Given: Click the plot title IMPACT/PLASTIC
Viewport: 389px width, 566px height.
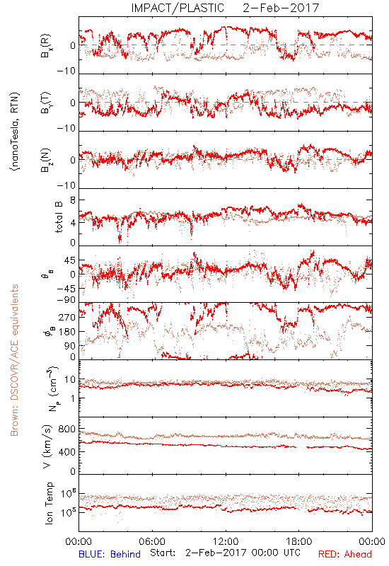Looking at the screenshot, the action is (178, 8).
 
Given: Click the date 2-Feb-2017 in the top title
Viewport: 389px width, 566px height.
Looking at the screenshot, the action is (281, 8).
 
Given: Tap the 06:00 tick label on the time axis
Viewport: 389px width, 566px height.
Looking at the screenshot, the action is (152, 541).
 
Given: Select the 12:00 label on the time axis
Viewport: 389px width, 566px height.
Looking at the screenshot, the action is (226, 541).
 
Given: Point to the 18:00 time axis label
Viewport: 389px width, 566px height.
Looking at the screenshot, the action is (299, 541).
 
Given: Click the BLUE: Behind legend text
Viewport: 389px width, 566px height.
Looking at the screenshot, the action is (110, 554).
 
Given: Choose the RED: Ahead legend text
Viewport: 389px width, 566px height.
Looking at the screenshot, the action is (345, 554).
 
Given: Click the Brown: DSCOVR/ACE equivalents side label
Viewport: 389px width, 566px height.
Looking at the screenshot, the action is (14, 360).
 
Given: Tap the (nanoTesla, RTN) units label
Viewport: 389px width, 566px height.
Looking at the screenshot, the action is (15, 132).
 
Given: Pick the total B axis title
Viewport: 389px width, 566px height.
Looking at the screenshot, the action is (59, 217).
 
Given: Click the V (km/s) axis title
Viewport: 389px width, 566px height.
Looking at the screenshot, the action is (47, 446).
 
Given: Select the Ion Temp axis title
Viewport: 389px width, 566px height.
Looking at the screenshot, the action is (49, 503).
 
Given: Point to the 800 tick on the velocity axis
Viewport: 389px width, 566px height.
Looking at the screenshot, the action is (67, 429).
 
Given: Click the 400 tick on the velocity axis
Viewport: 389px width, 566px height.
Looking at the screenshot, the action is (67, 451).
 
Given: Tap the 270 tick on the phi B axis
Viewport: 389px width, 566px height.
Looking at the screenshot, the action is (67, 317).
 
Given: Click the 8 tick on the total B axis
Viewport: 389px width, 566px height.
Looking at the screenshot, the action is (73, 200).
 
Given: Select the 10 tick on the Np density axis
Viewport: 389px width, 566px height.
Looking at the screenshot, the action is (70, 380).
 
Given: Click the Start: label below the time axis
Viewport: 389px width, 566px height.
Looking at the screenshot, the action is (163, 553).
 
